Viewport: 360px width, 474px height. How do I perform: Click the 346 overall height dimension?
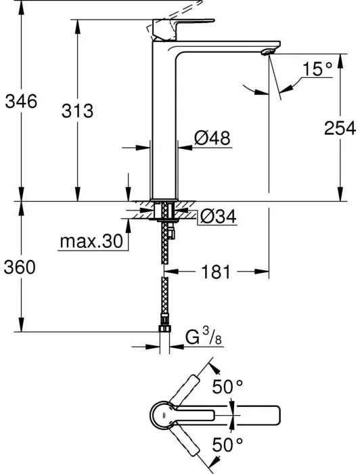click(x=20, y=102)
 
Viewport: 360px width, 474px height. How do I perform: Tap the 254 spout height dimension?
click(x=340, y=128)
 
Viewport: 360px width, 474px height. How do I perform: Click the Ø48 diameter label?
click(x=212, y=138)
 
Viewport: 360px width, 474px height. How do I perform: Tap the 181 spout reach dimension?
click(x=217, y=272)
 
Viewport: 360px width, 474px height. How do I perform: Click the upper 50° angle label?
click(x=228, y=387)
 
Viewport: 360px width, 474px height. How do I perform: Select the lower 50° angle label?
click(x=228, y=446)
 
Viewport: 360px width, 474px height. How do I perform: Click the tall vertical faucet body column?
click(x=162, y=129)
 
